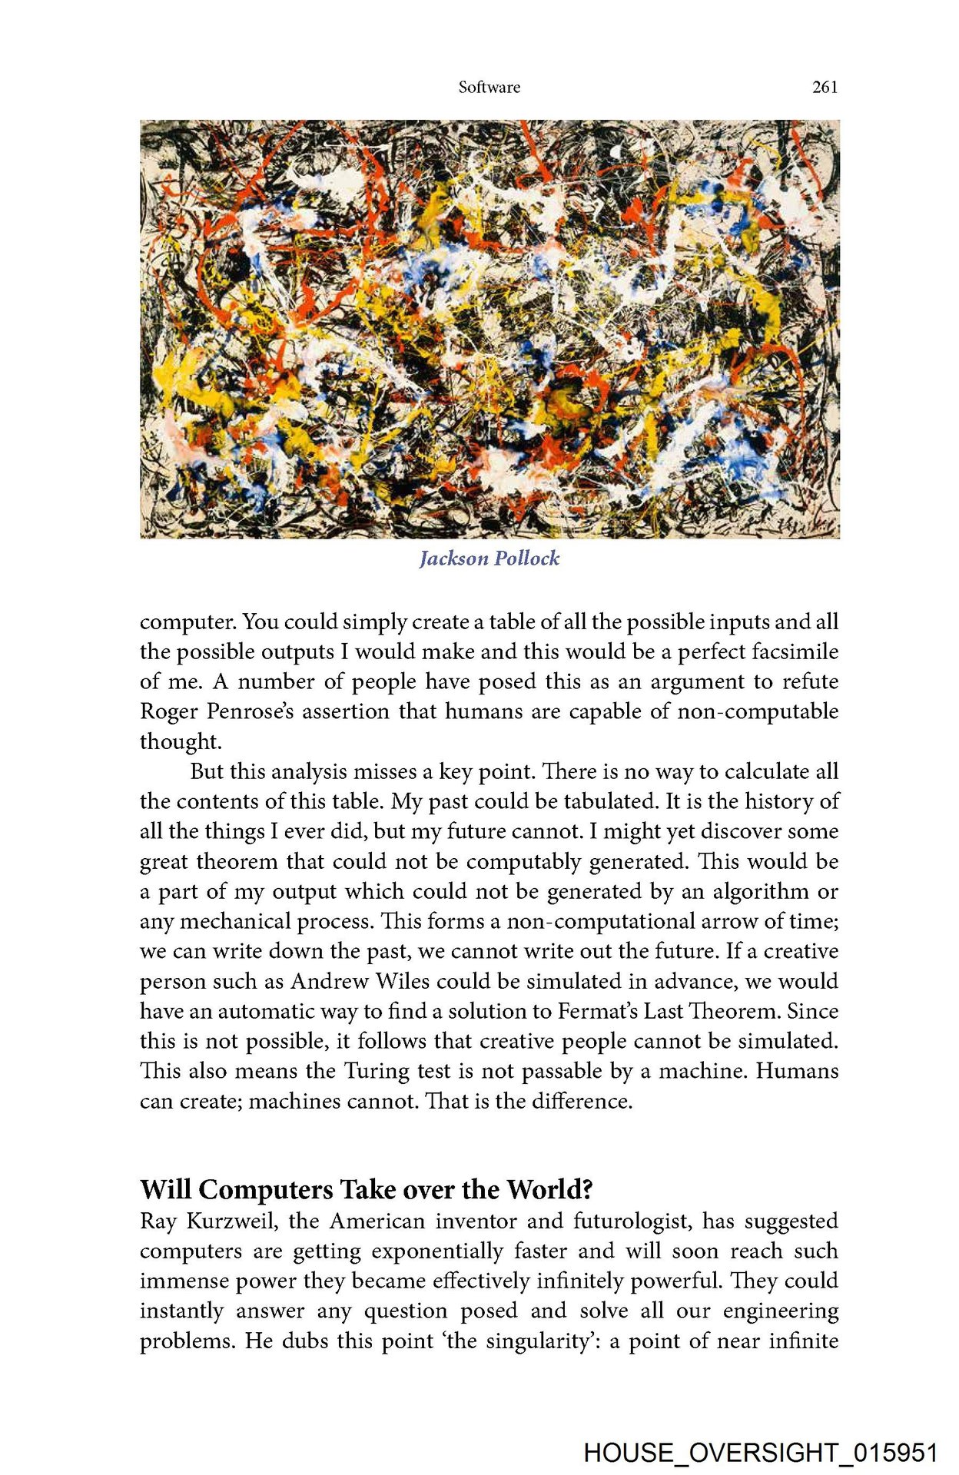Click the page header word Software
[x=489, y=88]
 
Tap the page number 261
[x=825, y=88]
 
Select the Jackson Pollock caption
[x=489, y=559]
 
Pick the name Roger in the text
[x=168, y=711]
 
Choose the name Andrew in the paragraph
[x=329, y=981]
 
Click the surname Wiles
[x=402, y=981]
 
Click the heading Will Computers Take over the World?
[x=367, y=1189]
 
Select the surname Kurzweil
[x=233, y=1221]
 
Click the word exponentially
[x=437, y=1251]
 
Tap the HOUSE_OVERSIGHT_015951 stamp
[x=761, y=1453]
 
